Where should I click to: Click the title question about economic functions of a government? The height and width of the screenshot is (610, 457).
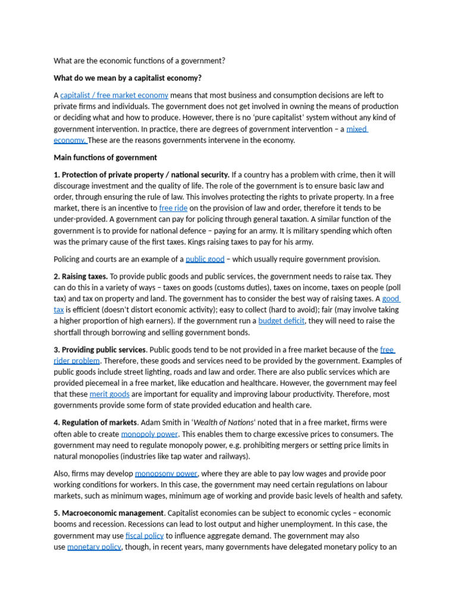[140, 61]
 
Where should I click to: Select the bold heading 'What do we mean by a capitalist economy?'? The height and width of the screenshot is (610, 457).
[127, 78]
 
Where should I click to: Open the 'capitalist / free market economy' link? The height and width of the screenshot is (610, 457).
[114, 95]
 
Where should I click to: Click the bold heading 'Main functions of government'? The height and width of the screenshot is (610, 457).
[105, 158]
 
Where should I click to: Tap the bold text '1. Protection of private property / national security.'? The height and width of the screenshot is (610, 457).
[142, 175]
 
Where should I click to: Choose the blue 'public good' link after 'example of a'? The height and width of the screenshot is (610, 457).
[205, 259]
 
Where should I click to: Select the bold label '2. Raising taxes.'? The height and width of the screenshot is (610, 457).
[81, 276]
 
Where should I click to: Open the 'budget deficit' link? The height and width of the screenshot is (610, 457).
[281, 321]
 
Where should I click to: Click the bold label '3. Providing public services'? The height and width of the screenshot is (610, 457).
[99, 350]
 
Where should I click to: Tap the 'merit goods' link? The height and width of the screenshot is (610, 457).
[109, 394]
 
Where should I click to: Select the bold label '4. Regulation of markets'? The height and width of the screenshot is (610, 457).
[95, 423]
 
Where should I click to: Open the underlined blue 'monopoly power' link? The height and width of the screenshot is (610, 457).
[146, 434]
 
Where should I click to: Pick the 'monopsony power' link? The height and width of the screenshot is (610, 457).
[166, 474]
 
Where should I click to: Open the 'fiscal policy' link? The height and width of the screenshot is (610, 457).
[145, 536]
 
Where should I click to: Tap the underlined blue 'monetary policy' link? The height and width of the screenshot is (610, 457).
[94, 547]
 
